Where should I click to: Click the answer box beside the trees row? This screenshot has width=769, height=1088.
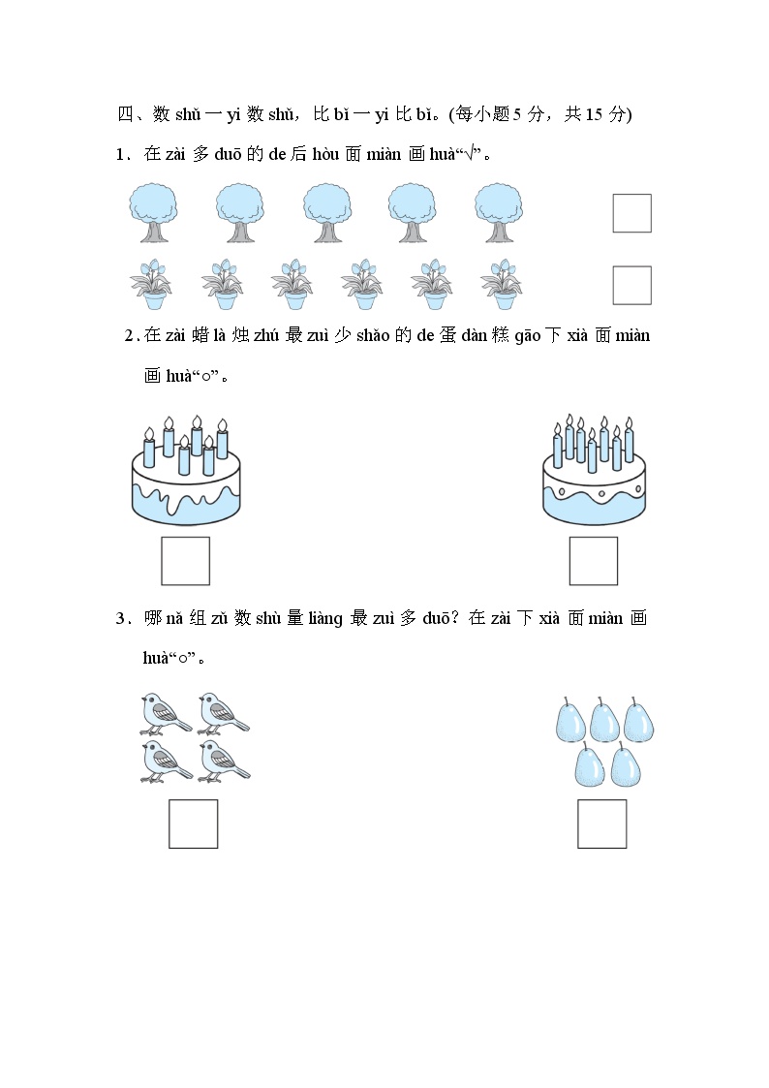click(x=631, y=213)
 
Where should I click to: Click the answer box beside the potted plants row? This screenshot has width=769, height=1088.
click(x=631, y=285)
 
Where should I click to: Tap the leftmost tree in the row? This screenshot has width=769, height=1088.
click(x=153, y=213)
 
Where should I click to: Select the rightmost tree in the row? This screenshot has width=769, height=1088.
click(x=499, y=213)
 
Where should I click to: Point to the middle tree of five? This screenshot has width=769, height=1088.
click(x=326, y=213)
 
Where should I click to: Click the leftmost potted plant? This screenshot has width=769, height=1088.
click(x=151, y=285)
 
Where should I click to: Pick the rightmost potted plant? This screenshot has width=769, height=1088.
click(x=502, y=285)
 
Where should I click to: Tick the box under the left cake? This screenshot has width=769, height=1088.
click(x=185, y=561)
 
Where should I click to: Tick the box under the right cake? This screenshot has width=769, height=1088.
click(x=594, y=561)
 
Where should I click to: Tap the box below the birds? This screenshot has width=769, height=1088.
click(x=194, y=824)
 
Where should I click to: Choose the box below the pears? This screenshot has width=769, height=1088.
click(x=601, y=824)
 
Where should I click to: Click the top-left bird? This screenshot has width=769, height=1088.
click(x=165, y=713)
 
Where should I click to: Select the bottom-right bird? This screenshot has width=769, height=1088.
click(x=224, y=762)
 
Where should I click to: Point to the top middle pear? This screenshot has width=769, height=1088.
click(x=604, y=719)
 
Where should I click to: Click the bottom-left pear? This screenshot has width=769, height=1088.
click(x=590, y=764)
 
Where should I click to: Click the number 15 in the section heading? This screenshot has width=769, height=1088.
click(x=594, y=114)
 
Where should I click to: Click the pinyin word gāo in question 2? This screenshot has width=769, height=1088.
click(x=528, y=336)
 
